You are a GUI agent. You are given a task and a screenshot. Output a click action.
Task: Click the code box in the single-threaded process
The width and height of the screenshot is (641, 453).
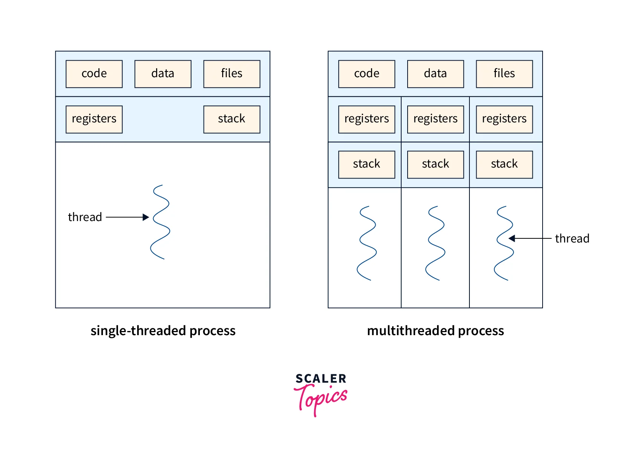[x=94, y=74]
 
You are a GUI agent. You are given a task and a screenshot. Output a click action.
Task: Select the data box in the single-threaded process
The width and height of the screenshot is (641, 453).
[x=163, y=74]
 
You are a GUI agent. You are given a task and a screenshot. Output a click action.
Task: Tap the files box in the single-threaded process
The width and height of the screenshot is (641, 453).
[x=232, y=74]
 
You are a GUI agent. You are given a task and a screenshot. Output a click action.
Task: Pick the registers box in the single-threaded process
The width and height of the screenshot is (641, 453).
[x=94, y=119]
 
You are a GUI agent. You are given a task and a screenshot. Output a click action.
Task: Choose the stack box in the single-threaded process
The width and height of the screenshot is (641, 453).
[x=232, y=119]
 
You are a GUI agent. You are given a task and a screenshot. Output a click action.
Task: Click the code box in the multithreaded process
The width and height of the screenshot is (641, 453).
[x=367, y=74]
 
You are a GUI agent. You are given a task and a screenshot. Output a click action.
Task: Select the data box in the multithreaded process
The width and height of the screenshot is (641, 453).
[x=436, y=74]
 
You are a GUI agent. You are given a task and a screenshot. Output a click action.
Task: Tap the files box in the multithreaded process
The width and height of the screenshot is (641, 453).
[x=504, y=74]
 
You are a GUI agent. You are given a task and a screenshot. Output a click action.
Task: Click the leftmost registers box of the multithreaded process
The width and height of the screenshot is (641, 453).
[x=367, y=119]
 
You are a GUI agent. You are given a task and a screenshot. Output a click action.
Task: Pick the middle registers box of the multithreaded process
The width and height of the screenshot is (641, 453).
[x=436, y=119]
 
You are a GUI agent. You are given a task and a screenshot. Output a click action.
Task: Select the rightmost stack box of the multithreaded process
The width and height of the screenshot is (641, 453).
[x=504, y=164]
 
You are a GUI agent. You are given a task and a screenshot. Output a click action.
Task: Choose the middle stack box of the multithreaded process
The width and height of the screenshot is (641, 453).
[x=436, y=164]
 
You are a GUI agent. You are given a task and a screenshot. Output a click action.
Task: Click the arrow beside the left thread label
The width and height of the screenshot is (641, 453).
[x=127, y=217]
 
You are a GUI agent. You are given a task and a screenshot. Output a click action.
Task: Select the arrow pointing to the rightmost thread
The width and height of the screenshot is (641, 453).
[x=530, y=238]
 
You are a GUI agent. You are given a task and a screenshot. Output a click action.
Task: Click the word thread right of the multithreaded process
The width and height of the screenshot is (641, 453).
[x=572, y=239]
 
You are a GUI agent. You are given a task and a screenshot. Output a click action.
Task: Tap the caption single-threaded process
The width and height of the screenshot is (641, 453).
[x=163, y=331]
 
